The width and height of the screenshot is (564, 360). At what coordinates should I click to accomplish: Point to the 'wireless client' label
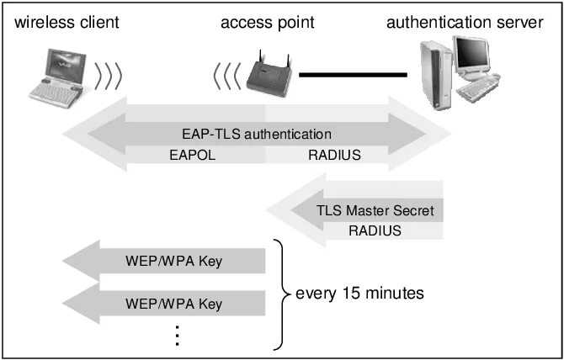click(67, 22)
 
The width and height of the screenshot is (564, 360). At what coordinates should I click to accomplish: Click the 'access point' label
click(268, 22)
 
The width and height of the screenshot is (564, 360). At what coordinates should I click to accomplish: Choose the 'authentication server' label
click(465, 22)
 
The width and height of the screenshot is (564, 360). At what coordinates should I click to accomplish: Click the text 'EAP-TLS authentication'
click(257, 134)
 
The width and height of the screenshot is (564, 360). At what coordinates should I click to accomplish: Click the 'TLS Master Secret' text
click(375, 210)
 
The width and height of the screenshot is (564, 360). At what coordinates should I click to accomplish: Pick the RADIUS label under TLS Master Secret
click(375, 230)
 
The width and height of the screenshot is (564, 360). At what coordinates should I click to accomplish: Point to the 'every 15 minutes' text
click(359, 294)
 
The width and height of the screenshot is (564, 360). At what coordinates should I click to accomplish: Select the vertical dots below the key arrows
click(178, 335)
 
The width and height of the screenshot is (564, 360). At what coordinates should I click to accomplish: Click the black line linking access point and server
click(353, 75)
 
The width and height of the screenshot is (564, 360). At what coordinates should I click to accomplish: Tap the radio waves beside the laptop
click(109, 75)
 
